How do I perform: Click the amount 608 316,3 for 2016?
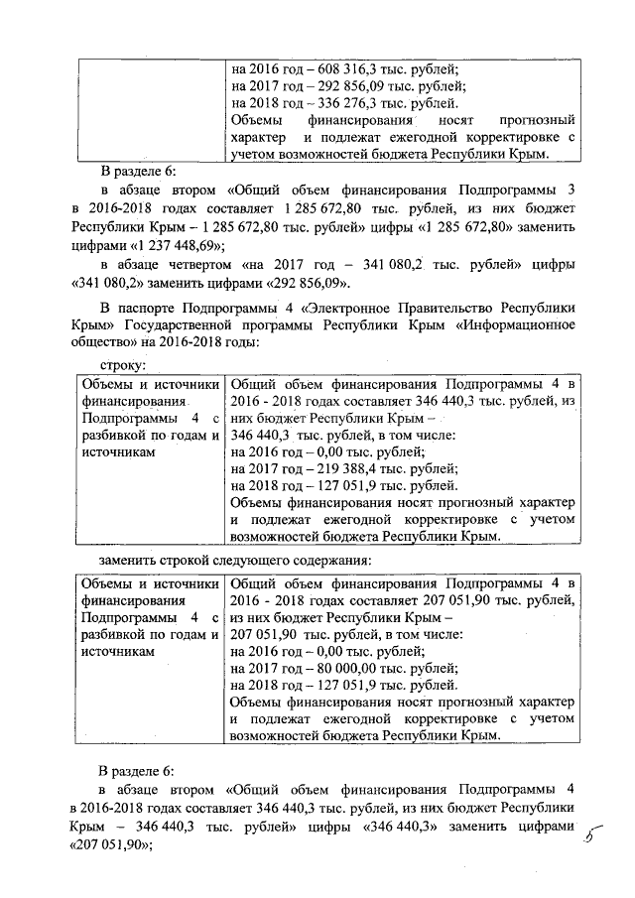[x=356, y=69]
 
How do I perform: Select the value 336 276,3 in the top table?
[x=356, y=103]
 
